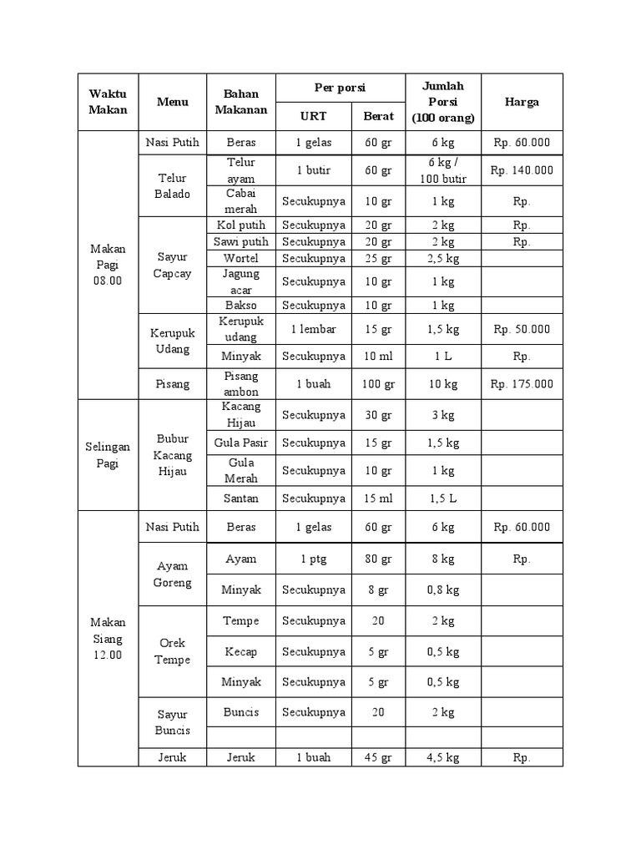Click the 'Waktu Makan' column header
[109, 102]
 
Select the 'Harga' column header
[522, 102]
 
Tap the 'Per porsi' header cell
[340, 88]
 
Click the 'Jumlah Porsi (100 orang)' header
[442, 102]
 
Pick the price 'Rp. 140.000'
[522, 170]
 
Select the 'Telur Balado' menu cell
[172, 185]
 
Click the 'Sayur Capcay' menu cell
[172, 266]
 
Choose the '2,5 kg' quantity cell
[442, 258]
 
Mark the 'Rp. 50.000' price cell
[522, 329]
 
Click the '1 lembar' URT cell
[313, 329]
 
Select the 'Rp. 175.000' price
[522, 384]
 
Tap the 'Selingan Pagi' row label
[109, 455]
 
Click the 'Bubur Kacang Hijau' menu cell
[172, 455]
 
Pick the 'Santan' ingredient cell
[241, 498]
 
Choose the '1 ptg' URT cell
[313, 559]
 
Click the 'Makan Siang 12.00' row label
[109, 639]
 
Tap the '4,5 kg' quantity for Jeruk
[442, 757]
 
